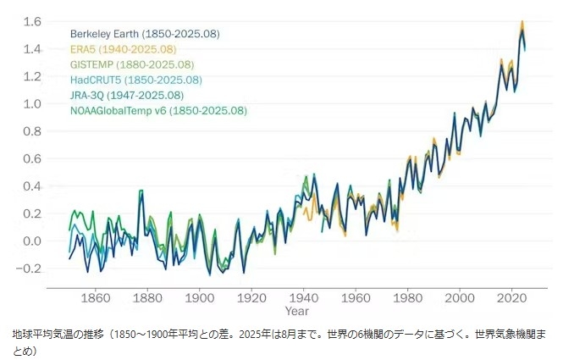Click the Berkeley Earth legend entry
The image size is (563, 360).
pos(145,34)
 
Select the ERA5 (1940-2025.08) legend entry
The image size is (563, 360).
pos(124,49)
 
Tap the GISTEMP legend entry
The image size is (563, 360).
pos(132,64)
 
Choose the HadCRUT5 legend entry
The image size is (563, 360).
pos(135,80)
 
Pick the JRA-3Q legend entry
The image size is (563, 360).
pos(126,95)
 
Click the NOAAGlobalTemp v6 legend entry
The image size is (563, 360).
pos(158,110)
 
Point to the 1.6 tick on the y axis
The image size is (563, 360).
pos(32,21)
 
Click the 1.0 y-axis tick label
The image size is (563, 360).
pos(32,103)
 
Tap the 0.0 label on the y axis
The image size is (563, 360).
pos(32,241)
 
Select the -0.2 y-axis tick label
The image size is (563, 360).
pos(30,269)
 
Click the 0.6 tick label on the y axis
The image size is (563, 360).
pos(32,158)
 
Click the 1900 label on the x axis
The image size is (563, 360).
pos(200,298)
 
